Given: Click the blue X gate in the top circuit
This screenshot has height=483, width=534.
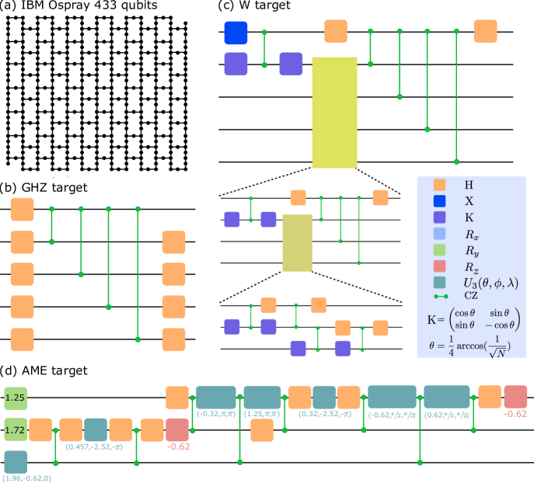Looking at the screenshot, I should (x=236, y=33).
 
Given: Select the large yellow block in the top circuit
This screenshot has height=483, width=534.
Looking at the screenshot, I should (x=334, y=113).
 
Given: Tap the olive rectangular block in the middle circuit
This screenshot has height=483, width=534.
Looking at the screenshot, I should (x=297, y=243).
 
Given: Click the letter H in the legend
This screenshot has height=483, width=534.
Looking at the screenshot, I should (x=468, y=185).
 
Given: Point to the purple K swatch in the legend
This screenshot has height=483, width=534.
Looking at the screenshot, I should (x=439, y=217).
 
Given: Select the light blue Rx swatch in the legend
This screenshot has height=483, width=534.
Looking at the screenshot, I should (x=439, y=234).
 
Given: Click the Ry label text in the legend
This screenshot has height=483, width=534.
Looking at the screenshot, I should (x=471, y=250).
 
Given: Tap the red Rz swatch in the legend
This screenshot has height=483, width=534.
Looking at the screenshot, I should (x=439, y=266).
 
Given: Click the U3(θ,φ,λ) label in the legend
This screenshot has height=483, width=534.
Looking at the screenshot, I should (x=490, y=283).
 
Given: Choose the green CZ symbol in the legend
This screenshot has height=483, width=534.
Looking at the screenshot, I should (x=440, y=296).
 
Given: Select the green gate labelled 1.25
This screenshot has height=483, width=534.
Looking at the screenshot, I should (x=16, y=398).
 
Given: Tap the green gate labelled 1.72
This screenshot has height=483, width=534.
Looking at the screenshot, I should (x=16, y=429).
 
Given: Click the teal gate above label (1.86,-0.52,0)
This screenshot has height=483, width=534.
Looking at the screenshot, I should (x=16, y=461).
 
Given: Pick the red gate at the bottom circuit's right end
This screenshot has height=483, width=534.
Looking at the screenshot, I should (x=515, y=396).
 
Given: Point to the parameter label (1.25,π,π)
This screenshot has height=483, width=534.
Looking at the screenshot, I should (x=262, y=415).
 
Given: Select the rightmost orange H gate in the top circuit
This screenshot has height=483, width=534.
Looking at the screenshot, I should (x=484, y=31).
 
